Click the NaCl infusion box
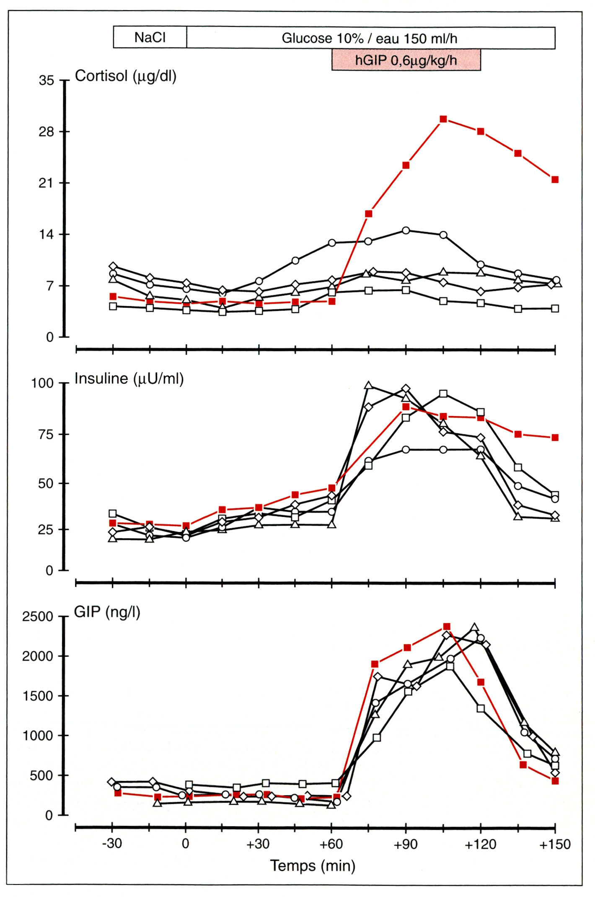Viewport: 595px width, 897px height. (x=150, y=38)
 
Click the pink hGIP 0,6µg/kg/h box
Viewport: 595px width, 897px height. (x=406, y=60)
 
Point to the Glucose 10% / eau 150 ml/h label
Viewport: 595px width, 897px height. (x=369, y=39)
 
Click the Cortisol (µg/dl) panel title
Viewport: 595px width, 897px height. (x=125, y=76)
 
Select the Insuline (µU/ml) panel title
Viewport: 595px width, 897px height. (x=129, y=379)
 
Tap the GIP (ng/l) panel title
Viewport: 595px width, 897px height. (x=107, y=612)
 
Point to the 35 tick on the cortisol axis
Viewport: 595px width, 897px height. (x=47, y=80)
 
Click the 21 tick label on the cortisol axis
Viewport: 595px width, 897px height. (x=47, y=183)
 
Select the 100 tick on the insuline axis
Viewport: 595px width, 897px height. (x=43, y=383)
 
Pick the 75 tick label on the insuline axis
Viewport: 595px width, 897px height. (x=47, y=435)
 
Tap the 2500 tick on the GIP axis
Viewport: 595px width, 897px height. (x=38, y=617)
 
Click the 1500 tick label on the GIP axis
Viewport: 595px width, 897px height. (x=38, y=696)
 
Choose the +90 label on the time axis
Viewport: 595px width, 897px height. (x=406, y=844)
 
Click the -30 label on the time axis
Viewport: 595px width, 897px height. (x=112, y=843)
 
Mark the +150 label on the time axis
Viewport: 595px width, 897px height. (x=555, y=844)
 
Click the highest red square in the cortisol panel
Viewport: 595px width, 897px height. (x=443, y=119)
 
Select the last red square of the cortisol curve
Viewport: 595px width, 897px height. (x=555, y=180)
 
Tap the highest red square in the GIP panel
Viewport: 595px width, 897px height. (x=447, y=627)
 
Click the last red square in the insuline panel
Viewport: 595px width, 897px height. (x=555, y=438)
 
